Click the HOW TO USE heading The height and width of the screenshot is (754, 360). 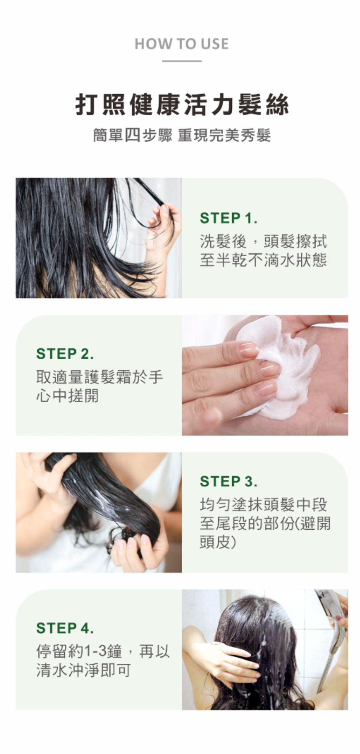[181, 44]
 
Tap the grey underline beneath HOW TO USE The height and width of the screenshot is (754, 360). [181, 61]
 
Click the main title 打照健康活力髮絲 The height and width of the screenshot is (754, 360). [182, 104]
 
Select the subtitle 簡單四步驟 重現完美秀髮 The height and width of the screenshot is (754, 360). [182, 135]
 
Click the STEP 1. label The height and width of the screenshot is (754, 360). [229, 218]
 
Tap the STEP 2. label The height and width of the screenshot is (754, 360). [65, 354]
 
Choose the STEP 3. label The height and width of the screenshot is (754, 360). [229, 481]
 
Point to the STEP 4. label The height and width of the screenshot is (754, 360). [65, 628]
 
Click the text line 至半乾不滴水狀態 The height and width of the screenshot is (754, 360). [263, 260]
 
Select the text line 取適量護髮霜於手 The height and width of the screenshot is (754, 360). [99, 377]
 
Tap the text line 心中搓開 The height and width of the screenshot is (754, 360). [67, 396]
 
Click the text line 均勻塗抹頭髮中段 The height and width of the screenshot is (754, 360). [263, 505]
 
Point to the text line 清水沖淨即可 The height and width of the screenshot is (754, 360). [83, 670]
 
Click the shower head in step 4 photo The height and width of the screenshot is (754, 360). [332, 605]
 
